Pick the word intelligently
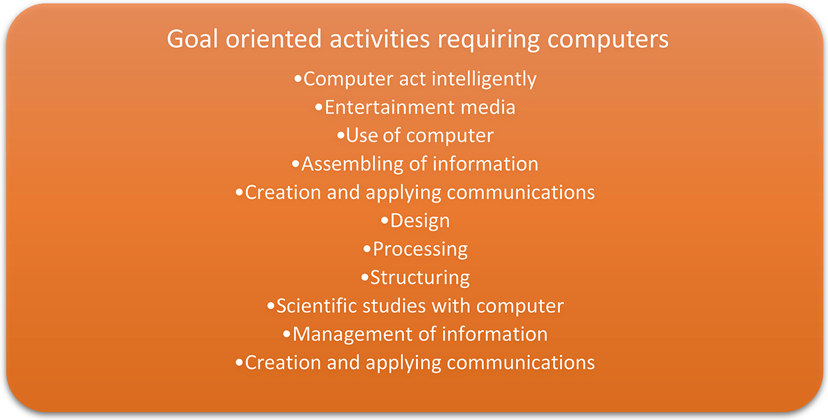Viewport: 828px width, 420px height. click(x=484, y=80)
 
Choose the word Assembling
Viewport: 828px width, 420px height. click(x=353, y=164)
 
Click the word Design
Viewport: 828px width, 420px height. click(x=420, y=221)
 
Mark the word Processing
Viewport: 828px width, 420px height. click(x=420, y=249)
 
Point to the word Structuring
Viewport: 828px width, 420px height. click(x=420, y=278)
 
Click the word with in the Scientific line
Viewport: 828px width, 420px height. click(x=452, y=306)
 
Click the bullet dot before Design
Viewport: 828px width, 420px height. click(x=384, y=221)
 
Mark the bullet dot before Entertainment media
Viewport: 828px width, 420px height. click(x=319, y=107)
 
